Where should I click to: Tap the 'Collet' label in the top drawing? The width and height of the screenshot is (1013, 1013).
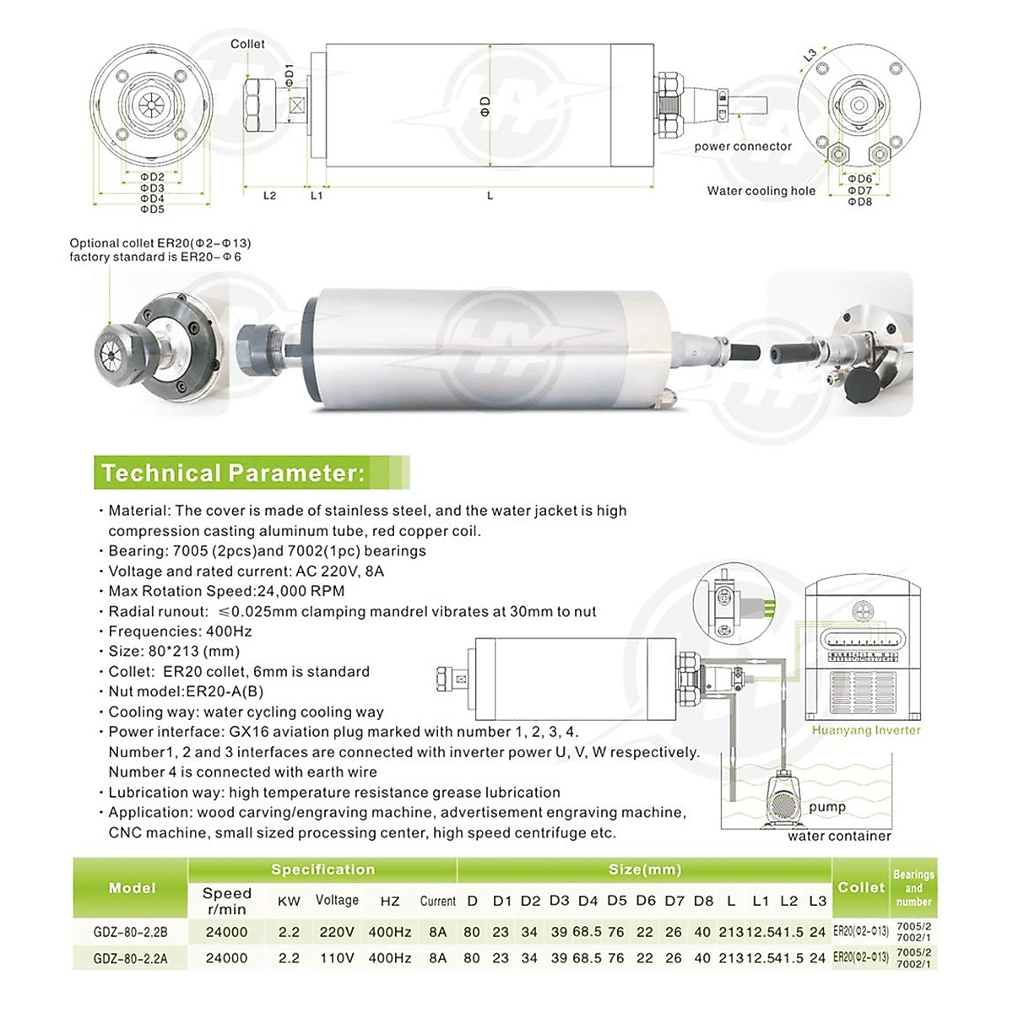pos(247,44)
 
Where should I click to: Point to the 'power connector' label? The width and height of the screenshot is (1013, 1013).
pos(743,146)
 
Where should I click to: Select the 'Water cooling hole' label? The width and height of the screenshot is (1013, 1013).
pos(761,191)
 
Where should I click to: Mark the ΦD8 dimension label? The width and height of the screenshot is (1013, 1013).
pos(859,202)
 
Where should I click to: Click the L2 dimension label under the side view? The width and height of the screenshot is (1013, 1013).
pos(269,196)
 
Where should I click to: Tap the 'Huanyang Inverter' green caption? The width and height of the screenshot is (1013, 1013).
pos(866,730)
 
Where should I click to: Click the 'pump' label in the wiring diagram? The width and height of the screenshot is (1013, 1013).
pos(826,806)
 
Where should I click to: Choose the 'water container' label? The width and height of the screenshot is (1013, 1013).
pos(839,836)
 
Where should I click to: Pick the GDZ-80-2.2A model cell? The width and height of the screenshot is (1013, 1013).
pos(132,958)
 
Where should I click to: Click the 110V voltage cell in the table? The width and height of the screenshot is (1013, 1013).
pos(337,958)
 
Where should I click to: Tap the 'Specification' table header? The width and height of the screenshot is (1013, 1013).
pos(322,869)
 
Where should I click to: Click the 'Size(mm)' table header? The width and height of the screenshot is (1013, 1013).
pos(645,869)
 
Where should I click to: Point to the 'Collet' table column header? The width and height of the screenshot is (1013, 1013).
pos(861,887)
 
